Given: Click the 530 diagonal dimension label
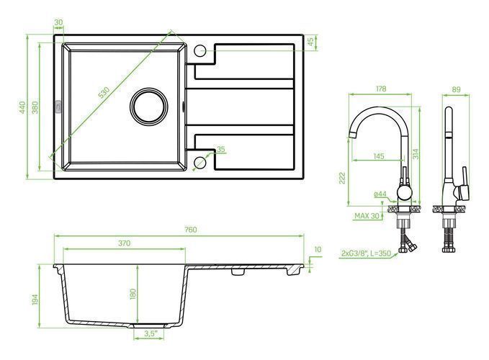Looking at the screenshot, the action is (104, 93).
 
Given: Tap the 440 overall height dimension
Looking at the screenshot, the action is (22, 107).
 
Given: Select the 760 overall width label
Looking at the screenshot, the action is (191, 230).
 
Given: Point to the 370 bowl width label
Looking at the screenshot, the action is (124, 243).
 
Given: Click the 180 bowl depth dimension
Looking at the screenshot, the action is (133, 294).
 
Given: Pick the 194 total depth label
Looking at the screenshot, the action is (35, 300).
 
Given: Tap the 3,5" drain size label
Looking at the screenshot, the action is (150, 333).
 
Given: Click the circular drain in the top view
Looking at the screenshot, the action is (149, 107).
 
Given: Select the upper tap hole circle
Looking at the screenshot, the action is (199, 51).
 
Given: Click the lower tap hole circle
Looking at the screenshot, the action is (199, 163).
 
